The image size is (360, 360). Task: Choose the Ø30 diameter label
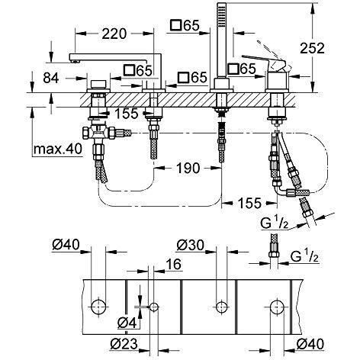(x=189, y=246)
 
